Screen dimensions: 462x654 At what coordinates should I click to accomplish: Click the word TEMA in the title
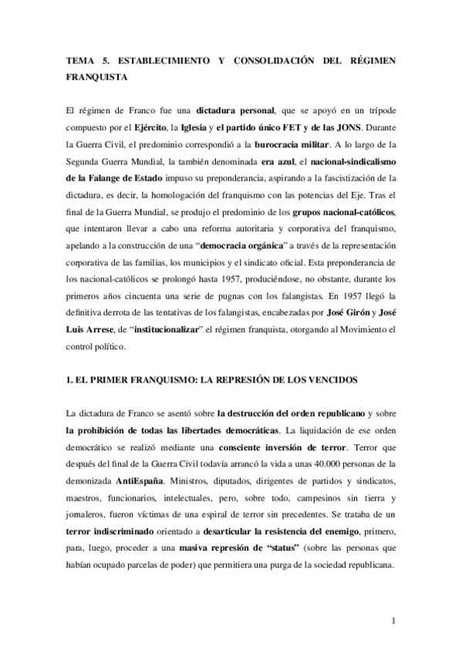(79, 59)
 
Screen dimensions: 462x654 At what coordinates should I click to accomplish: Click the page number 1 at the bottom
(393, 622)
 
